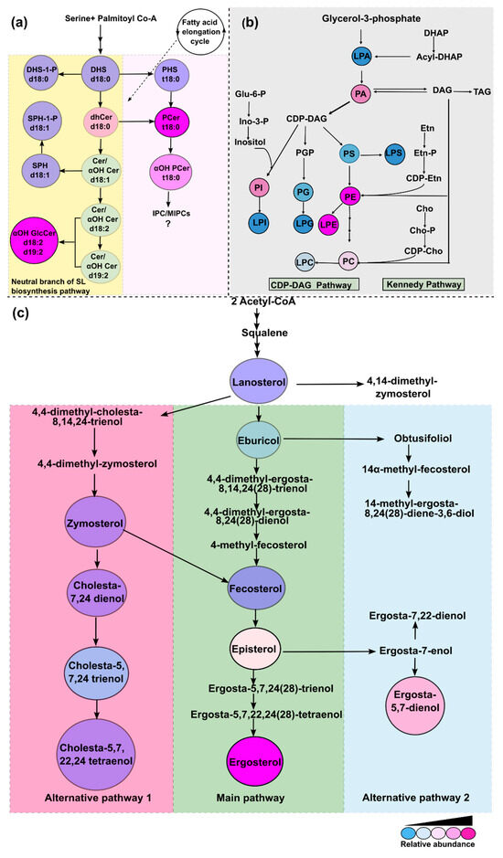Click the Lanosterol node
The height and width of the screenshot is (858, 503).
click(x=258, y=382)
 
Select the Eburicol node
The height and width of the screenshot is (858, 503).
click(x=259, y=440)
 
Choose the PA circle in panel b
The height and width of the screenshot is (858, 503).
click(x=360, y=94)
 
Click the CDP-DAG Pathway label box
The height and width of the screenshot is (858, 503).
click(x=314, y=284)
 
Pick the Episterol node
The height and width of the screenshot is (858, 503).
click(x=253, y=650)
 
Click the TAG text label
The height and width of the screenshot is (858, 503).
click(x=481, y=91)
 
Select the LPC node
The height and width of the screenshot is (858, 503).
click(x=305, y=262)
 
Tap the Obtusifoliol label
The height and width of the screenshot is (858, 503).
click(x=423, y=439)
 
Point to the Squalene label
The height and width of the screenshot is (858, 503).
click(x=264, y=333)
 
